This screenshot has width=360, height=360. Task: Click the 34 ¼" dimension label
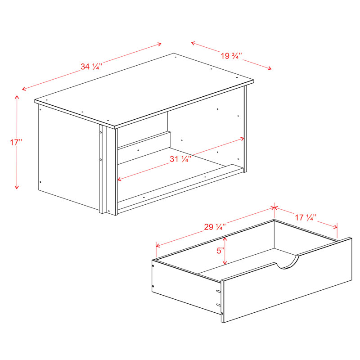pos(91,67)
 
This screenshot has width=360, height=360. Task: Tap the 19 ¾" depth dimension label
pos(231,56)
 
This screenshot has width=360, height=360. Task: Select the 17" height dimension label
pos(16,142)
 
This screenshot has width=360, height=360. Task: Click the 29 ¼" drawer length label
pos(215,227)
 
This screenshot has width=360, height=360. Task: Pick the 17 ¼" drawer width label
pos(306,217)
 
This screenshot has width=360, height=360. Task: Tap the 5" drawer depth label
pos(220,251)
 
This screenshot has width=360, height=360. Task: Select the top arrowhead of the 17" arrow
pos(17,97)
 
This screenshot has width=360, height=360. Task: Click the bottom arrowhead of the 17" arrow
pos(17,187)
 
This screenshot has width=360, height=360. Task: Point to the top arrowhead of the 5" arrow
pos(225,239)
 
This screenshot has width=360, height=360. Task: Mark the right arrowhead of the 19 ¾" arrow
pos(269,68)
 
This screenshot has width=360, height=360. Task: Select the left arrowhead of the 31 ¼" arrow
pos(120,179)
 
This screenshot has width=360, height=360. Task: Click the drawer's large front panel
pos(287,280)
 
